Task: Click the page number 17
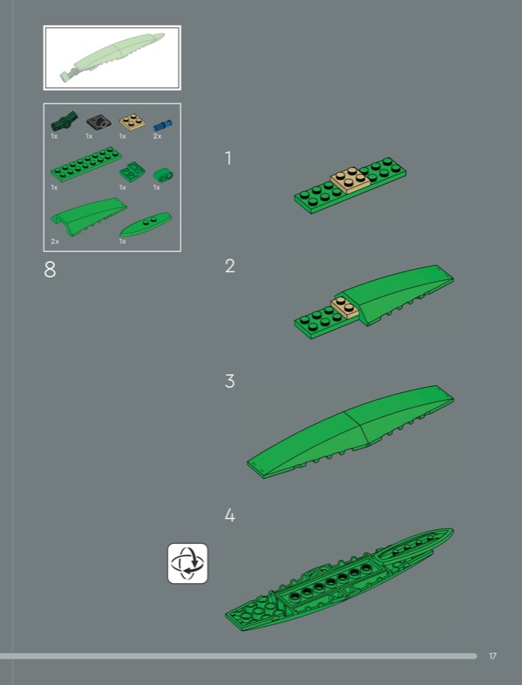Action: pyautogui.click(x=493, y=656)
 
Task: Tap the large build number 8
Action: pyautogui.click(x=50, y=270)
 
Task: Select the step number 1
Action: pyautogui.click(x=228, y=158)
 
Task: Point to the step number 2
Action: pyautogui.click(x=230, y=266)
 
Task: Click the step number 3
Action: pyautogui.click(x=230, y=381)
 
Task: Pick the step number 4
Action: pyautogui.click(x=230, y=515)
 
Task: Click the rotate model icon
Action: pyautogui.click(x=188, y=563)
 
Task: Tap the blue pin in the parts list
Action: pyautogui.click(x=163, y=126)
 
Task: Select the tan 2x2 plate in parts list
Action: pyautogui.click(x=132, y=121)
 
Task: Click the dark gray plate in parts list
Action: pyautogui.click(x=99, y=122)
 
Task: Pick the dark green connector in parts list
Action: pyautogui.click(x=64, y=121)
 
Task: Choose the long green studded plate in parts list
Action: pyautogui.click(x=86, y=164)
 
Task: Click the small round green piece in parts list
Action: pyautogui.click(x=163, y=176)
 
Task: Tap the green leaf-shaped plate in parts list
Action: pyautogui.click(x=146, y=223)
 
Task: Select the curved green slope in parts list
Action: pyautogui.click(x=89, y=217)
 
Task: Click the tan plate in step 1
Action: pyautogui.click(x=351, y=179)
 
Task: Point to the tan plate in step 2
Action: pyautogui.click(x=345, y=308)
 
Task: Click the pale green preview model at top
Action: pyautogui.click(x=112, y=57)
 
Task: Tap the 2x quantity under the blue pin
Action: pyautogui.click(x=158, y=136)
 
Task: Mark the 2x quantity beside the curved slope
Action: pyautogui.click(x=55, y=241)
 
